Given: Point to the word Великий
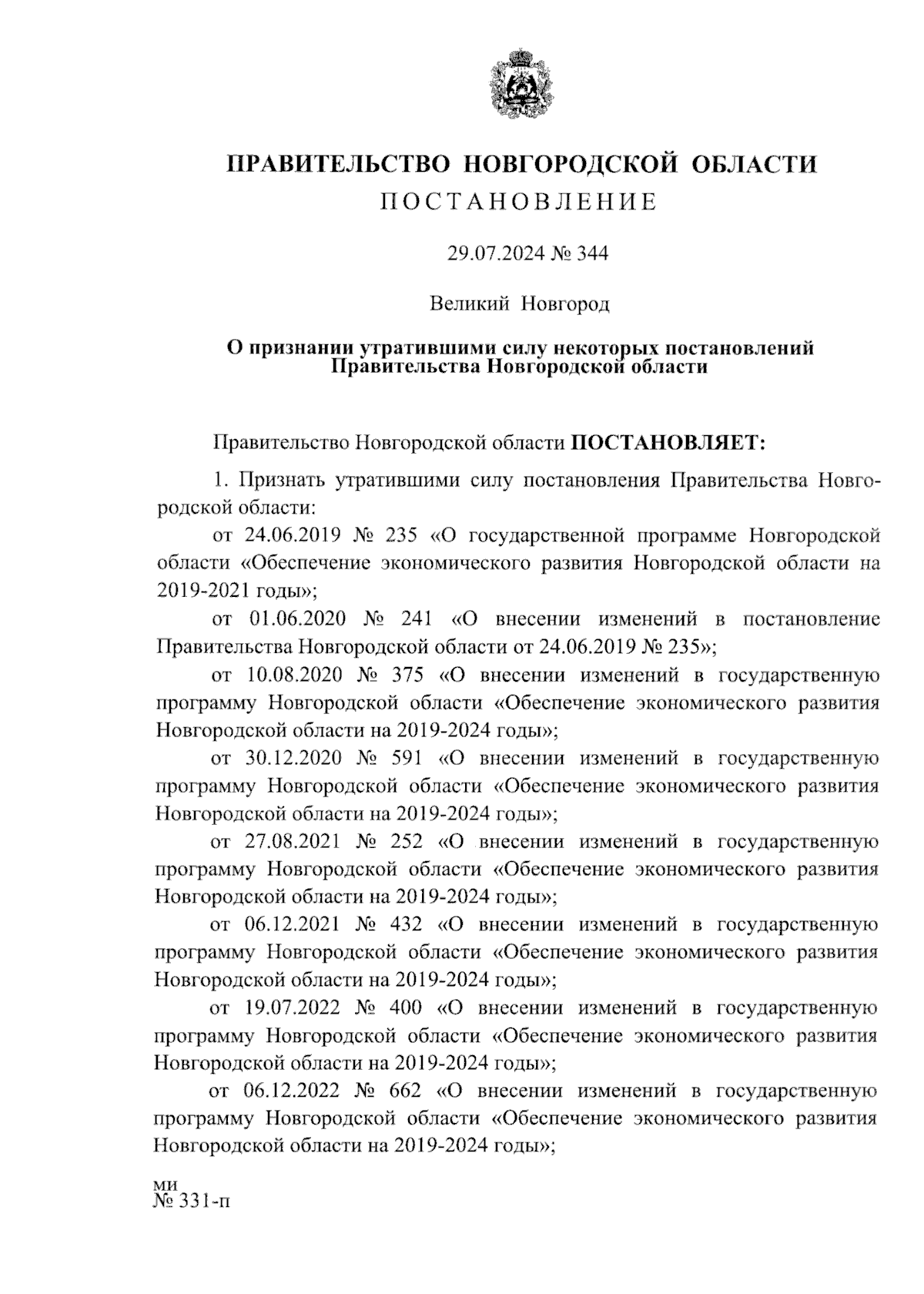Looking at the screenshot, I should [469, 304].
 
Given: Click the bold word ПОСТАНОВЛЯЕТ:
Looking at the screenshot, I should [668, 443].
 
